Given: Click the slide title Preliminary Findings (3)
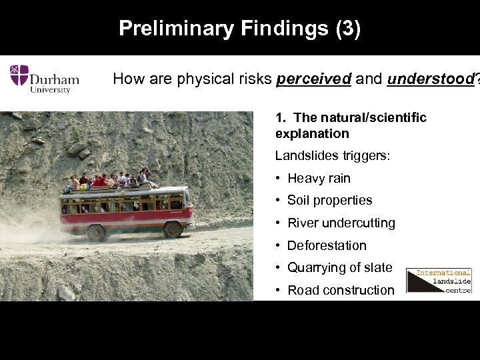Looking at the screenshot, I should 239,29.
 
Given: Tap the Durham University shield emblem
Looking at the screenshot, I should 19,75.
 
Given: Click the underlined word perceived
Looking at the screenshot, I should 313,79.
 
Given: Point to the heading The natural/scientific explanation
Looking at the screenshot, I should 351,125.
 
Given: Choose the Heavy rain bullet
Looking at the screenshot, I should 318,178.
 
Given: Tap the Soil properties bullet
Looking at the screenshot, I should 329,200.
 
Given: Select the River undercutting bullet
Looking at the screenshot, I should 341,223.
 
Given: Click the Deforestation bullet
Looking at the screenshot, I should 327,245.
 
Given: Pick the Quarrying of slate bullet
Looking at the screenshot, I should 339,267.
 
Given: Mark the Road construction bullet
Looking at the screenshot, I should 341,290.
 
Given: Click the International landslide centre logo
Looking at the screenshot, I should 439,281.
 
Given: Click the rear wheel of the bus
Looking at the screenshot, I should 97,233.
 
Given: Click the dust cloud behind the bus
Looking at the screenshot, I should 27,227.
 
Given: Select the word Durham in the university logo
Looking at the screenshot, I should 55,79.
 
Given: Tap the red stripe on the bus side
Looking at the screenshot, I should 127,217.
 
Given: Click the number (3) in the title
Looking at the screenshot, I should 348,29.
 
